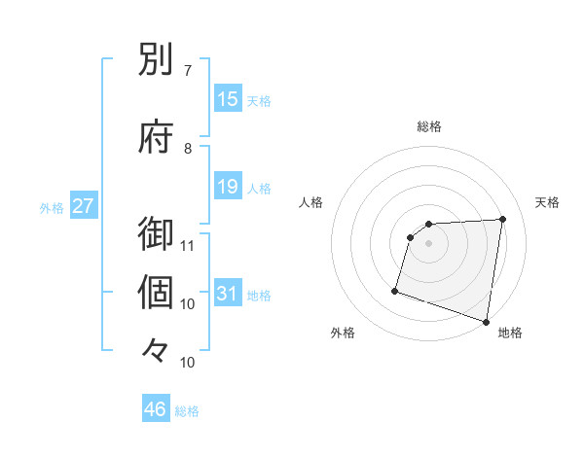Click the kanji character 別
(157, 63)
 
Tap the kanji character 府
(157, 137)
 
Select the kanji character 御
(157, 234)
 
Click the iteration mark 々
(157, 349)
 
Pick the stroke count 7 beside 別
(188, 71)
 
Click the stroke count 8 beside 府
(188, 148)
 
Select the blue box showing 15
(228, 99)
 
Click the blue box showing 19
(228, 187)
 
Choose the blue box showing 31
(228, 294)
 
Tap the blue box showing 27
(84, 206)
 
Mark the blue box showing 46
(156, 409)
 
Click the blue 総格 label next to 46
(187, 411)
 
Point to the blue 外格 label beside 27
(52, 207)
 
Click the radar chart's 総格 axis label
(429, 126)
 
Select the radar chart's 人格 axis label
(311, 202)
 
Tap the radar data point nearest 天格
(502, 220)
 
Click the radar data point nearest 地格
(486, 321)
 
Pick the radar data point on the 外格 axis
(395, 290)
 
